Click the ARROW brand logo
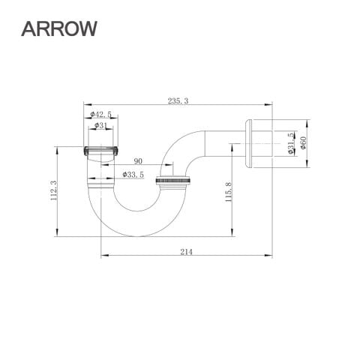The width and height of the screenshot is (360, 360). tap(59, 28)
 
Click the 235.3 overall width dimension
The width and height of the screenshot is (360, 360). tap(178, 101)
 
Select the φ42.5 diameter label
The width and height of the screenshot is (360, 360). tap(100, 115)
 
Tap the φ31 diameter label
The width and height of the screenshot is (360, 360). tap(100, 125)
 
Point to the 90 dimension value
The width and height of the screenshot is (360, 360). tap(138, 161)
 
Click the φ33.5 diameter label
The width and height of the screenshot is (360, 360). tap(133, 175)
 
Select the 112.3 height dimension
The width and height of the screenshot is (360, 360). tap(54, 190)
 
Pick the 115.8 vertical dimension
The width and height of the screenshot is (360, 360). tap(229, 192)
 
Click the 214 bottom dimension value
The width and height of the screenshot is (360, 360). tap(187, 252)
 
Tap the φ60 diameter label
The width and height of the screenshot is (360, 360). tap(303, 142)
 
